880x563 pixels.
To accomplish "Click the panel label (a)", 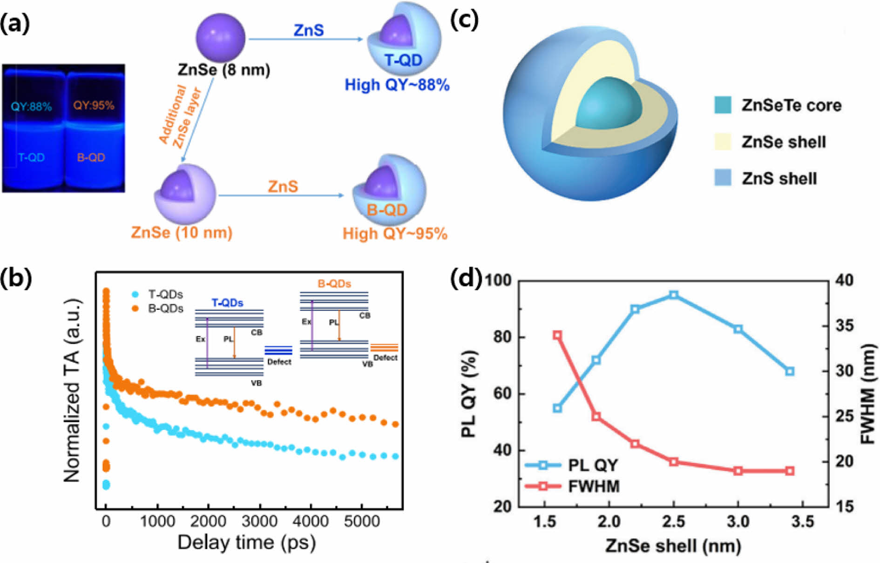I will (15, 23).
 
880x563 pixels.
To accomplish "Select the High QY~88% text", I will (397, 85).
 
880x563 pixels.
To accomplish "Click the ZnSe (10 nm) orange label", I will (182, 232).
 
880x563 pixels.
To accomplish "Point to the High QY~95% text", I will (395, 233).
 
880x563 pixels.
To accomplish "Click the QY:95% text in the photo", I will (94, 106).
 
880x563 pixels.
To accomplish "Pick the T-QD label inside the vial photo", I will (31, 157).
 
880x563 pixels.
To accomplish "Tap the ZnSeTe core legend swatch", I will (723, 105).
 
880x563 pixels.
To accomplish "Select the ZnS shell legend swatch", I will (723, 178).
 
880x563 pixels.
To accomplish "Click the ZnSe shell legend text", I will (784, 142).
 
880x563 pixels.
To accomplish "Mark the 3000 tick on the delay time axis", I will (259, 521).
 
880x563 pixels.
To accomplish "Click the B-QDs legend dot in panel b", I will (135, 308).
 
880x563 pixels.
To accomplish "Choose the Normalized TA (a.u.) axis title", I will (72, 390).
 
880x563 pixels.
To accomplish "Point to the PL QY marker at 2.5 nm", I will (673, 295).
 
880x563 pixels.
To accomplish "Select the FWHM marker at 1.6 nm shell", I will (557, 335).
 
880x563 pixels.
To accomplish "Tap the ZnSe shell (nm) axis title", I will (673, 546).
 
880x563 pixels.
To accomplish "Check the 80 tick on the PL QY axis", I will (503, 336).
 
